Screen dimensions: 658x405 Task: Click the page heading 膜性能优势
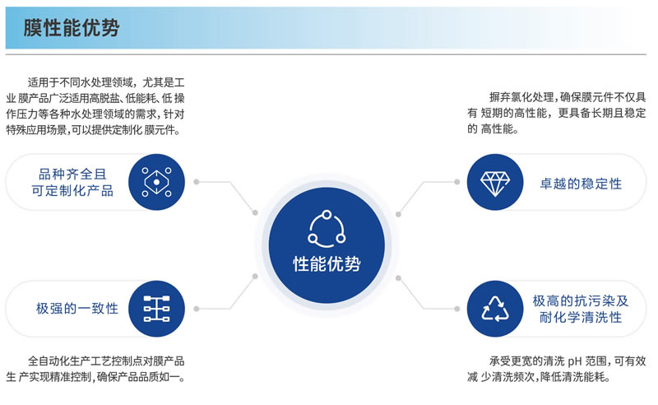tap(72, 28)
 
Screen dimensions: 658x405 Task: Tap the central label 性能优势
tap(327, 264)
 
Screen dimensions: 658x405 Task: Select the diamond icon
tap(495, 184)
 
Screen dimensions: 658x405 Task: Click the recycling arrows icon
tap(495, 309)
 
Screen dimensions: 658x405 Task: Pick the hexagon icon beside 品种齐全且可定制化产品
tap(156, 182)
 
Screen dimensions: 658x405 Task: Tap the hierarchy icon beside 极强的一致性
tap(156, 309)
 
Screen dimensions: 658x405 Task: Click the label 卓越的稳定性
tap(581, 184)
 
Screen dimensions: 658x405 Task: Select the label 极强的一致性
tap(77, 309)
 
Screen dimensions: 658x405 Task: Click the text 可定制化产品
tap(72, 191)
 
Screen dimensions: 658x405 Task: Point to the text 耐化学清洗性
tap(581, 317)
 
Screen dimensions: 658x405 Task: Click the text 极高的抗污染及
tap(581, 300)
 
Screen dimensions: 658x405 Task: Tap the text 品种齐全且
tap(72, 174)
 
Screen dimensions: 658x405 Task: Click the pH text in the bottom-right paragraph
tap(575, 361)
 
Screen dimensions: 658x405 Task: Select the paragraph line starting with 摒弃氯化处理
tap(568, 97)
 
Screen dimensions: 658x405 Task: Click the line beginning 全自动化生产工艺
tap(106, 361)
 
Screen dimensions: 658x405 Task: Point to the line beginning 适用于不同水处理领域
tap(106, 82)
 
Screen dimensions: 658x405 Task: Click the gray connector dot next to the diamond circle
tap(457, 182)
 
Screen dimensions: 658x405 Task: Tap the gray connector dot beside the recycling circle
tap(457, 309)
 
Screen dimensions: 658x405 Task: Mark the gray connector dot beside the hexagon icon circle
tap(196, 182)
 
